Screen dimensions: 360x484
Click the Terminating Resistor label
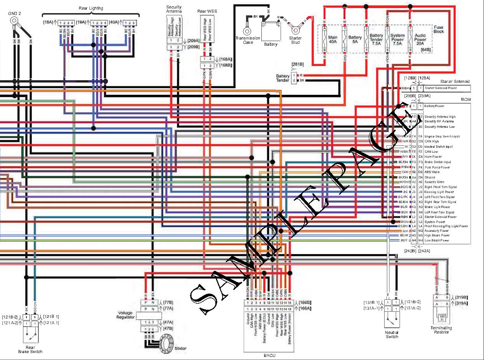tap(441, 330)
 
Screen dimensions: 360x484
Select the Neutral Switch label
tap(392, 334)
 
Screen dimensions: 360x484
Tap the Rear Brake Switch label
tap(30, 349)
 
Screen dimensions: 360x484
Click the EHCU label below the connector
tap(269, 355)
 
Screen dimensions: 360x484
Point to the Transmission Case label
tap(248, 40)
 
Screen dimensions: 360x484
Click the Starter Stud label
tap(295, 40)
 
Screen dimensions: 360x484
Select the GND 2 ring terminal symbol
tap(14, 20)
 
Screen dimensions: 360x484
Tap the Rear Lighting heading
tap(91, 8)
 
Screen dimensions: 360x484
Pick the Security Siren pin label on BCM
tap(434, 182)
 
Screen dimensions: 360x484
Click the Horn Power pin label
tap(433, 157)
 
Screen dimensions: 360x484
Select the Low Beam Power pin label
tap(437, 240)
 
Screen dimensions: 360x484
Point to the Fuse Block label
tap(438, 29)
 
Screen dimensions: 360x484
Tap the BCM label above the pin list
tap(465, 99)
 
